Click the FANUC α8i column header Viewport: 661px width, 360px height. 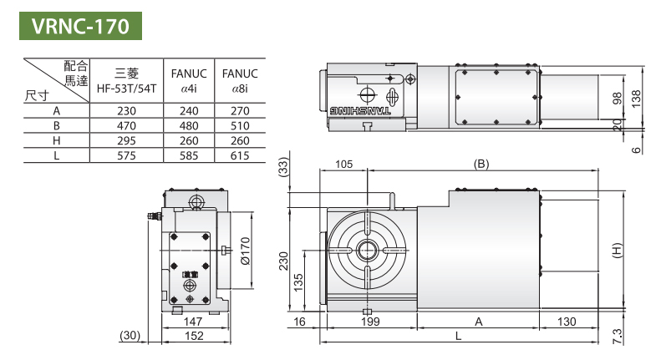pyautogui.click(x=237, y=80)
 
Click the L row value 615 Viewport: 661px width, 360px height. pyautogui.click(x=237, y=155)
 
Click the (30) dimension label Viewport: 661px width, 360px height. pyautogui.click(x=130, y=336)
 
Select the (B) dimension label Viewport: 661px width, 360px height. pyautogui.click(x=480, y=165)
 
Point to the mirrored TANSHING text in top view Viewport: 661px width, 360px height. pyautogui.click(x=359, y=109)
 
